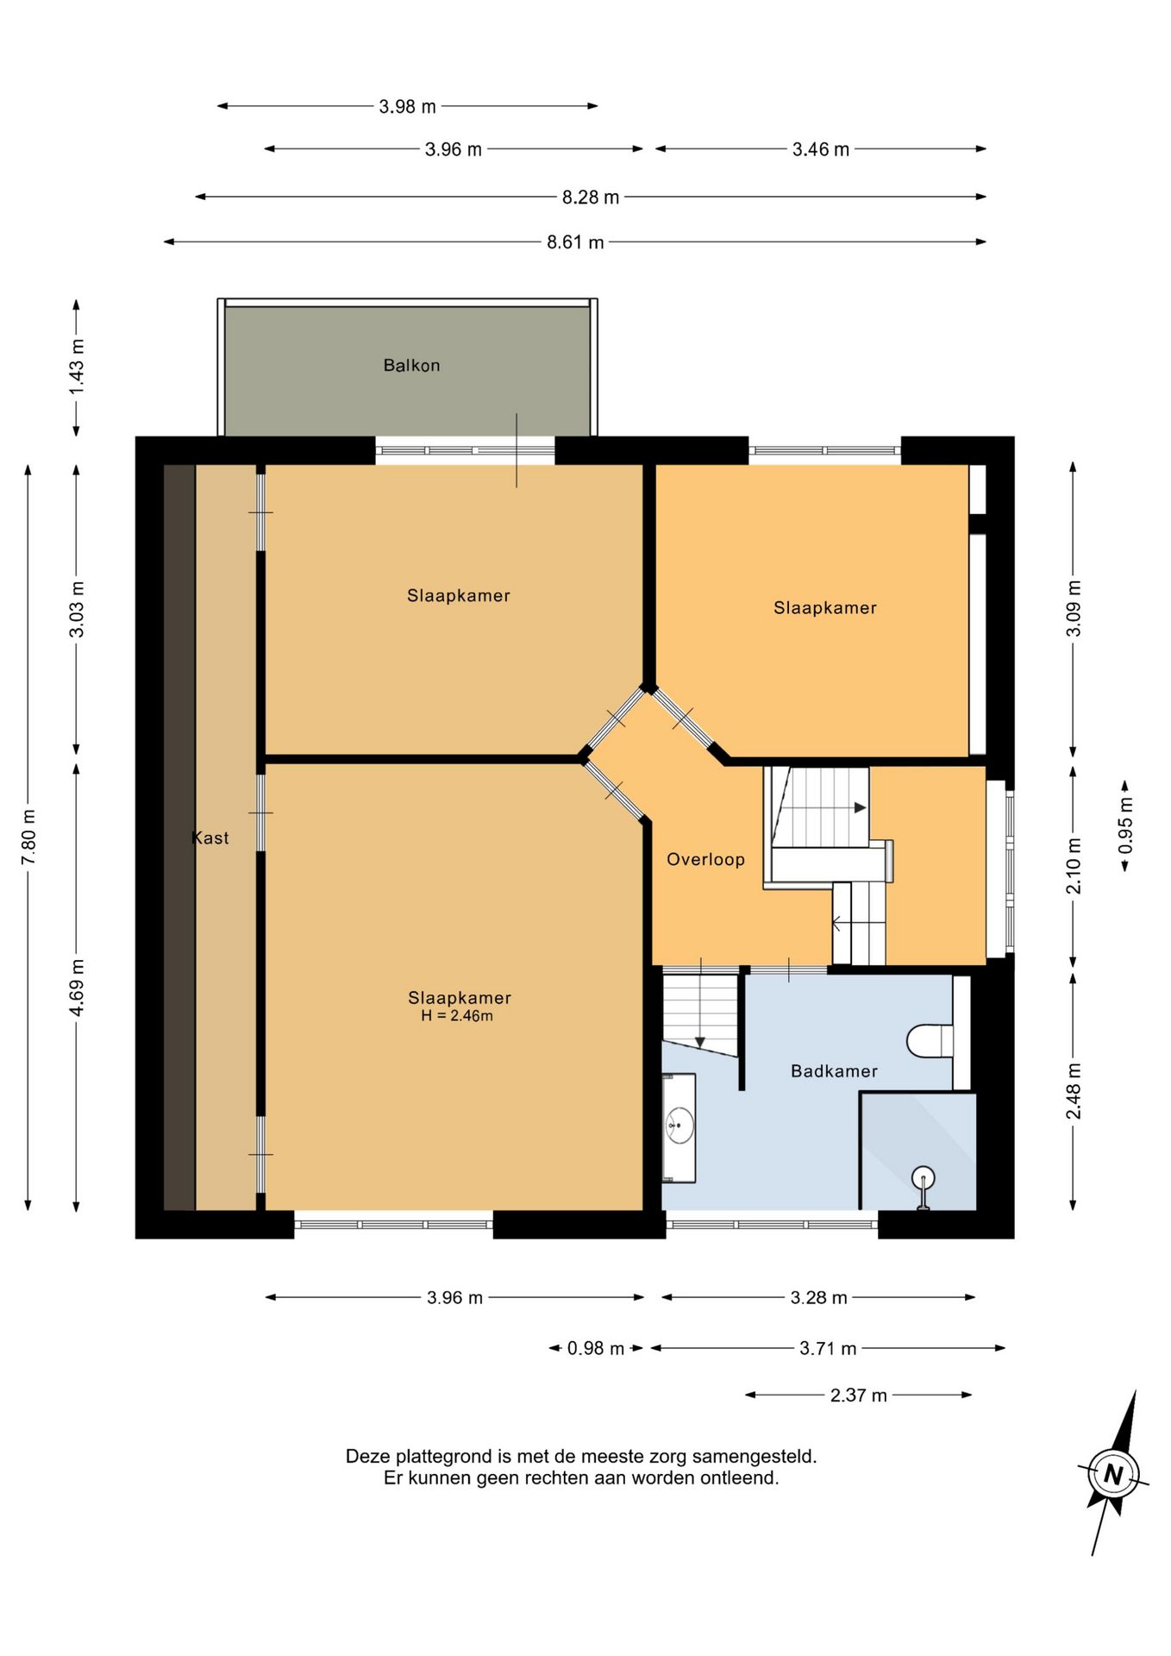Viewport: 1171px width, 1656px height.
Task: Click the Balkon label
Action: click(x=411, y=366)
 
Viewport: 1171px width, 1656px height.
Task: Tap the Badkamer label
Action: click(x=834, y=1071)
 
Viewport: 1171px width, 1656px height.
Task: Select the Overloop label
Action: click(x=705, y=859)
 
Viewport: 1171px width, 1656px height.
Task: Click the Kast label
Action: click(x=210, y=837)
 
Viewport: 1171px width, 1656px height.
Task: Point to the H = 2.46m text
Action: click(x=457, y=1016)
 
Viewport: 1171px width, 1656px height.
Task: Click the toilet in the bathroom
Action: click(x=930, y=1040)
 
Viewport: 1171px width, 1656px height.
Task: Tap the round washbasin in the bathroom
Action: click(x=679, y=1126)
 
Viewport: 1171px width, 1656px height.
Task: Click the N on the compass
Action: click(x=1113, y=1475)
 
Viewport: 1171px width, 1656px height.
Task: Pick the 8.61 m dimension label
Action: click(x=575, y=242)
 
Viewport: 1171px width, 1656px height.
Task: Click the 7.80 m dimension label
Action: click(x=28, y=837)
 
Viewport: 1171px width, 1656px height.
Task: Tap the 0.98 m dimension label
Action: click(x=596, y=1348)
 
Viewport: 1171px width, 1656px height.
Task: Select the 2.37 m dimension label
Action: click(x=859, y=1396)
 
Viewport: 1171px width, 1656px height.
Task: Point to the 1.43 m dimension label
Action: click(x=77, y=367)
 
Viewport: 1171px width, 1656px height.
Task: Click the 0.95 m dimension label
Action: click(x=1125, y=826)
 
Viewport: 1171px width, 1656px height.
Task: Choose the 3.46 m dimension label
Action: click(x=821, y=149)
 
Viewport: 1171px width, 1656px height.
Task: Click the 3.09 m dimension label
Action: click(x=1074, y=609)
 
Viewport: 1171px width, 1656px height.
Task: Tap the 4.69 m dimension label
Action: click(x=77, y=987)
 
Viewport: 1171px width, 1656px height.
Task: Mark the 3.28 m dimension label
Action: click(x=819, y=1298)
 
